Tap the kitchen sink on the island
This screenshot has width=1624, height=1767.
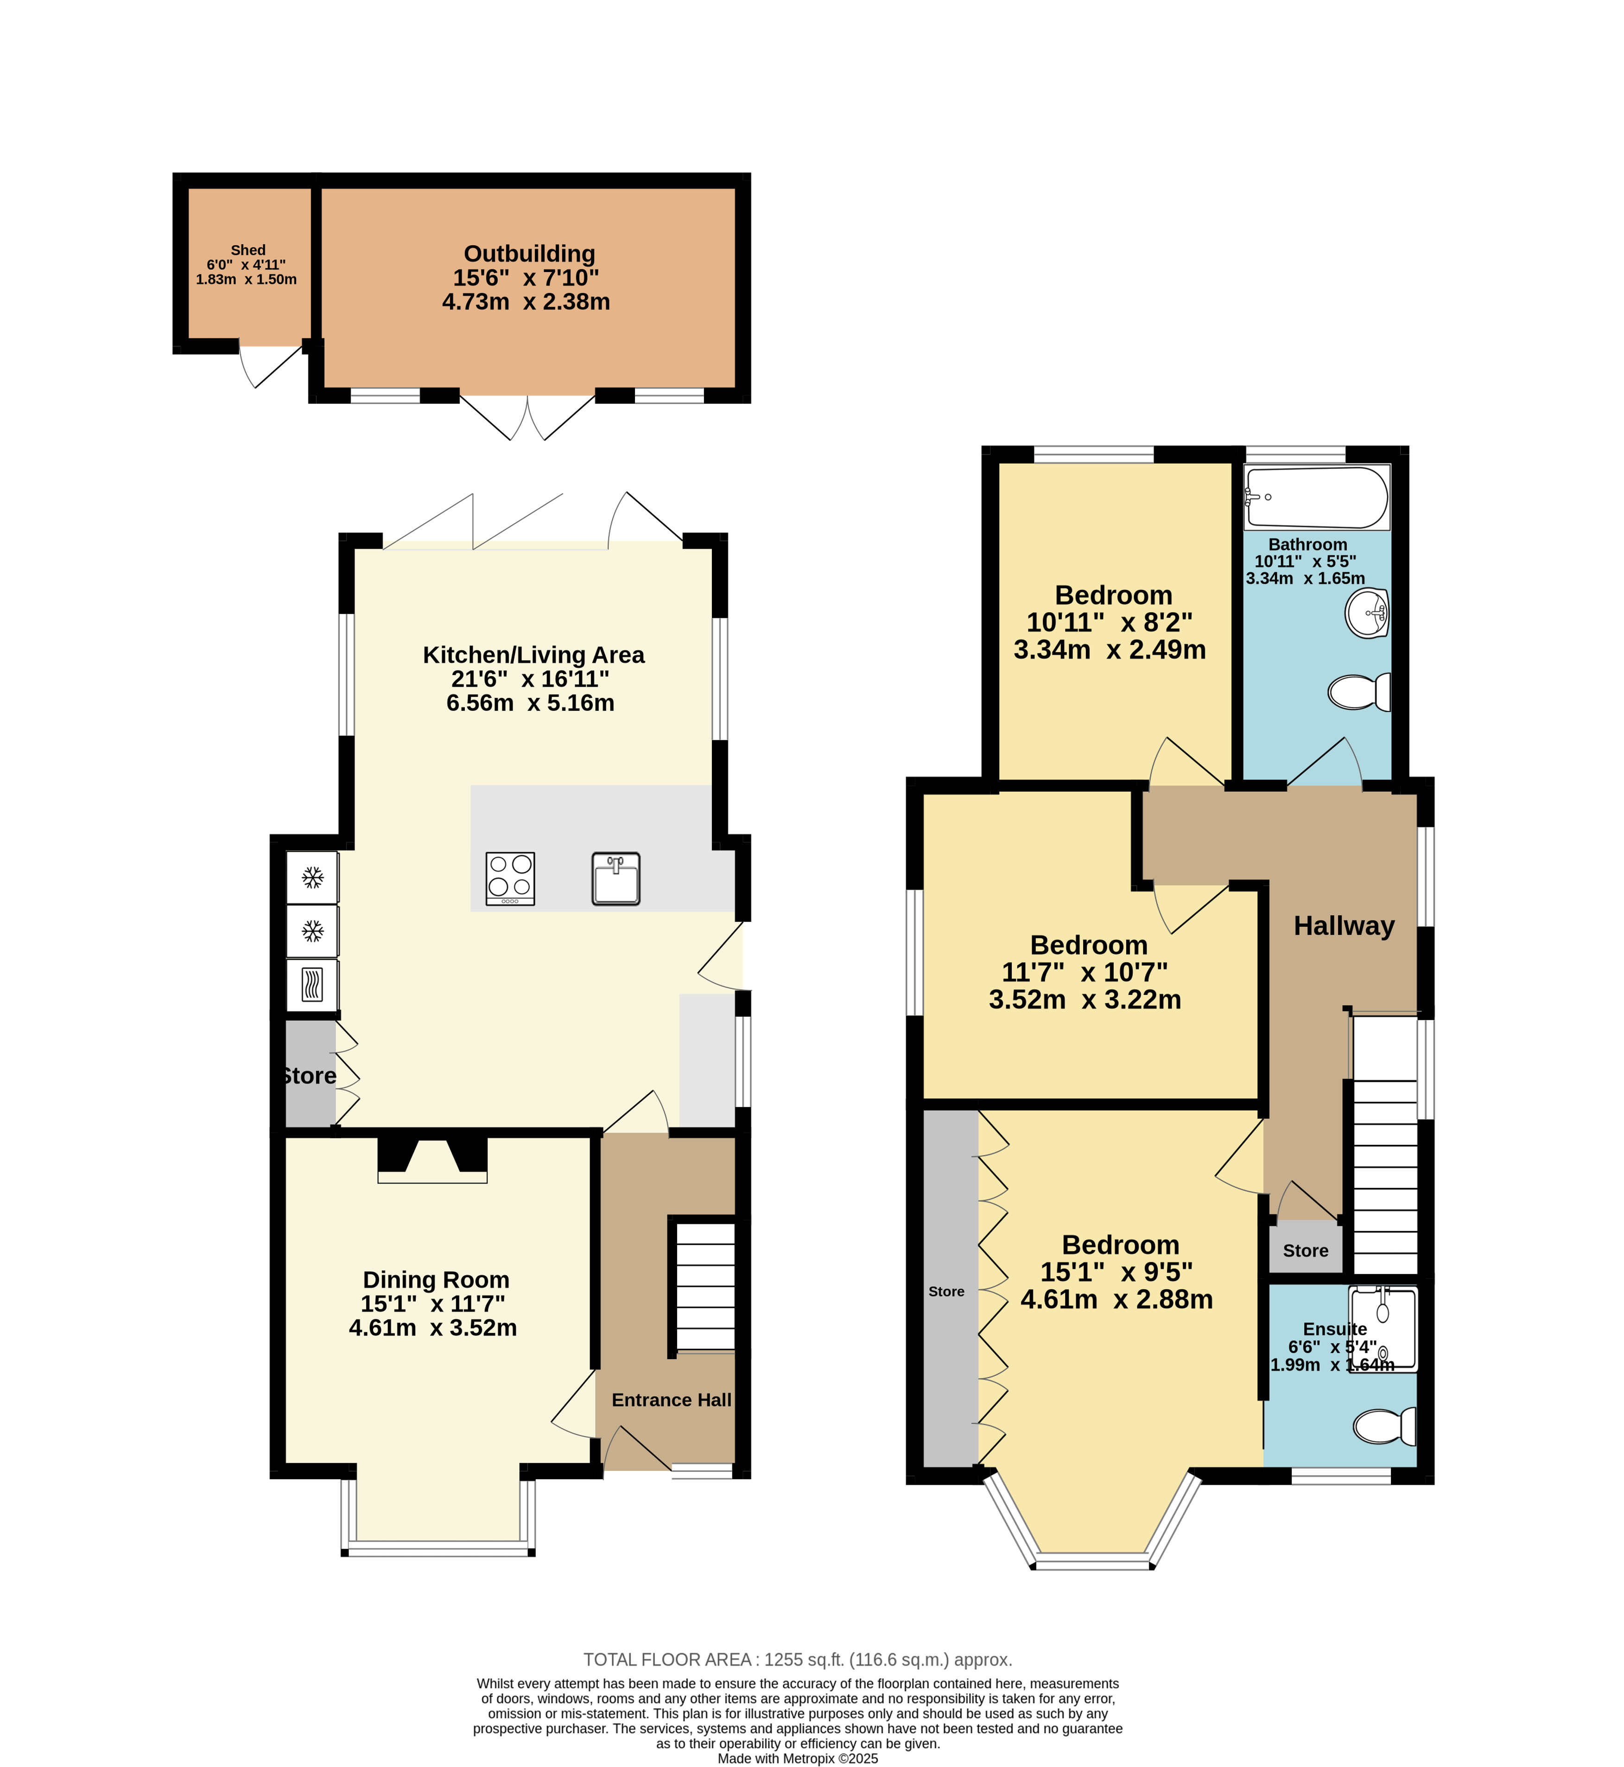(616, 879)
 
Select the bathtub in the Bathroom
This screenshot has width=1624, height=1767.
(1316, 497)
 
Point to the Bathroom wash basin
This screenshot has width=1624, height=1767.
(1366, 613)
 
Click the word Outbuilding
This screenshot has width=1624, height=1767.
(529, 254)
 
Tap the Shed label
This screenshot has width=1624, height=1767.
(248, 250)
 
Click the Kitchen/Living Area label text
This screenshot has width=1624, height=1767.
(533, 655)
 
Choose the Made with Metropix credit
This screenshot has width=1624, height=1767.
(798, 1758)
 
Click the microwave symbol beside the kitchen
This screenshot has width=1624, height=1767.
(312, 985)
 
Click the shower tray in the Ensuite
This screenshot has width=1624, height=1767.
(1383, 1329)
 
